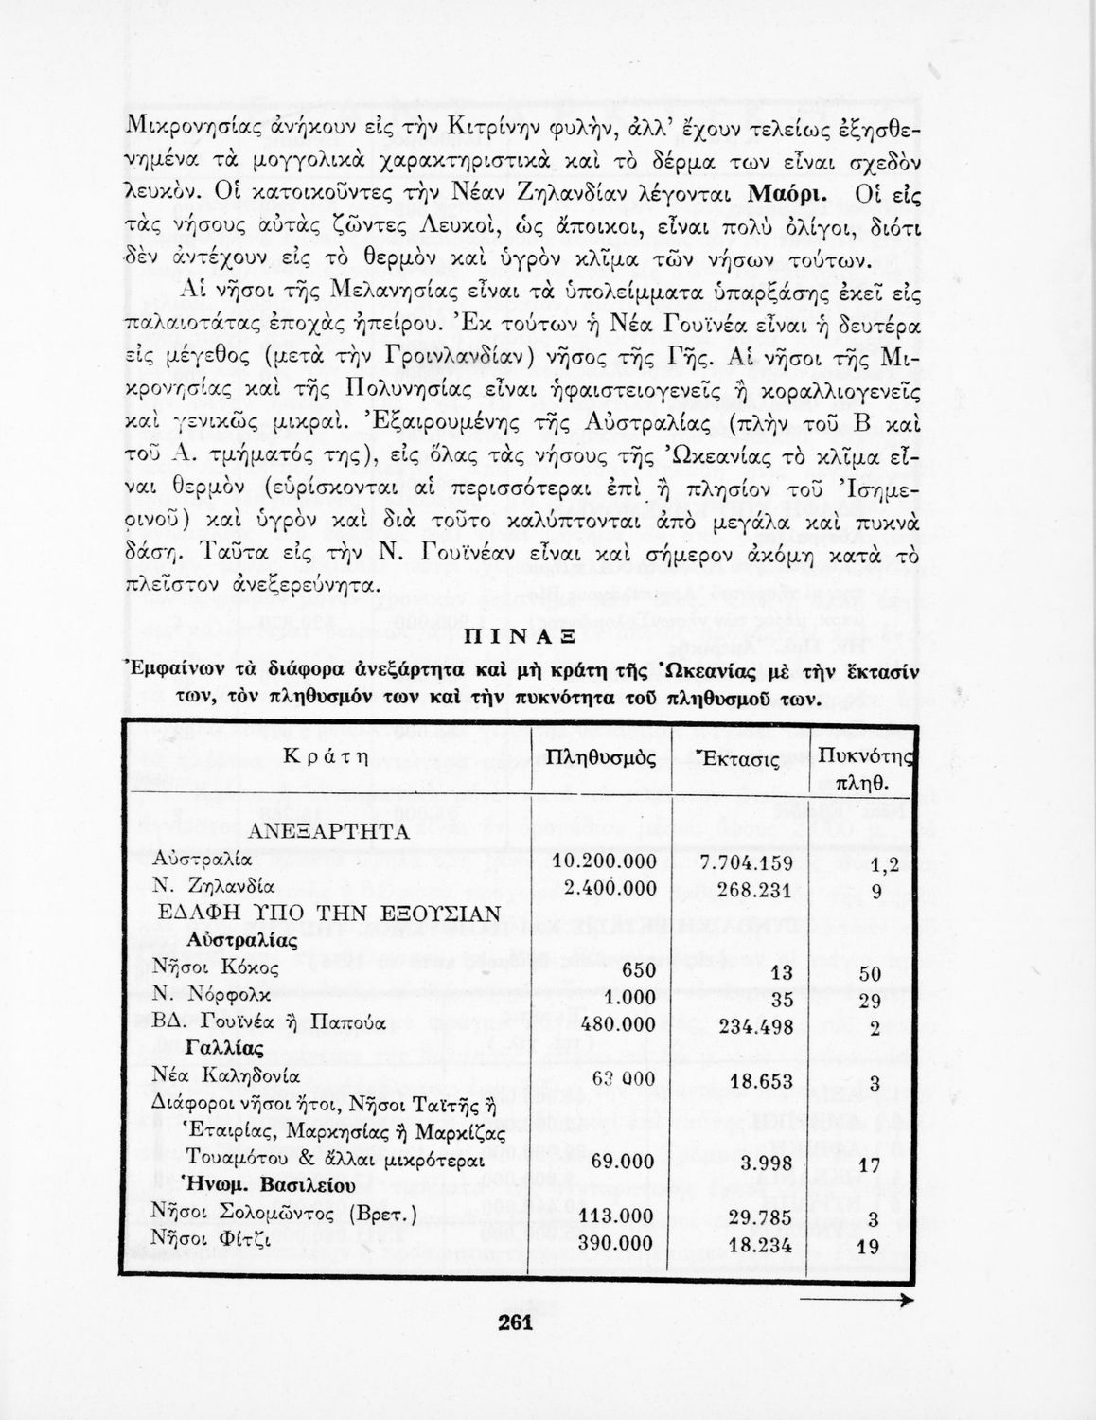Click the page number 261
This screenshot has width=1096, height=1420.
tap(516, 1322)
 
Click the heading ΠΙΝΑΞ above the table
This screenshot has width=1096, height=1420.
tap(515, 639)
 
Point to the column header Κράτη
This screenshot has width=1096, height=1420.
tap(325, 758)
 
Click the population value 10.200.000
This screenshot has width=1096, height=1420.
tap(604, 861)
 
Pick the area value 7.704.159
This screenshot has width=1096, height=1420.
tap(746, 861)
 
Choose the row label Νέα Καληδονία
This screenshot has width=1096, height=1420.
tap(226, 1076)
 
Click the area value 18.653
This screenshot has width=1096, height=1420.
tap(762, 1080)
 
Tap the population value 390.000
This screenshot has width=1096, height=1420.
tap(616, 1243)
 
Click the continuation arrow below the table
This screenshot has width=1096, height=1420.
tap(857, 1303)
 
